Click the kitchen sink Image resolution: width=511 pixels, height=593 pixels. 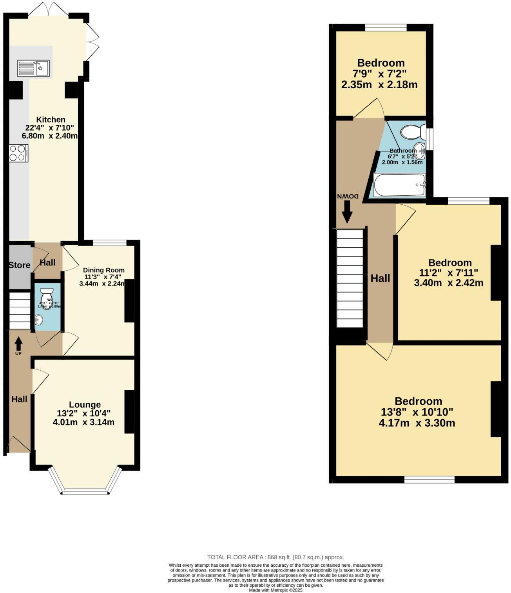click(33, 68)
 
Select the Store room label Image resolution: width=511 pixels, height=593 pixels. click(20, 265)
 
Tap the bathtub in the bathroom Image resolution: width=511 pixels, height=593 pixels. click(399, 185)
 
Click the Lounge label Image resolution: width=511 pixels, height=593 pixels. click(85, 404)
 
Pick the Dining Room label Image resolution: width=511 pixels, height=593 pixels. click(104, 270)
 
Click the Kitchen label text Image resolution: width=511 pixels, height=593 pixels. click(51, 120)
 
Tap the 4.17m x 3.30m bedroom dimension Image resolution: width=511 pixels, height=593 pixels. click(417, 423)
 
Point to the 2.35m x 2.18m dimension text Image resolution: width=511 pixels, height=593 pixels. click(379, 84)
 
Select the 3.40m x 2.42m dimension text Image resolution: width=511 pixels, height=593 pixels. click(448, 282)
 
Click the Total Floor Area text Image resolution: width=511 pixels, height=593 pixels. click(275, 557)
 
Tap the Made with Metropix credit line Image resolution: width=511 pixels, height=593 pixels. click(276, 590)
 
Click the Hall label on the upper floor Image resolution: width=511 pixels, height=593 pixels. click(381, 278)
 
